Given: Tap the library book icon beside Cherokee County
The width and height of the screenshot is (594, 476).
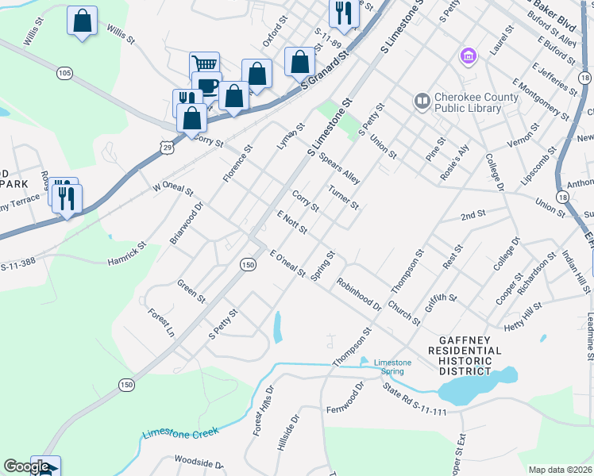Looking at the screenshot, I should (421, 102).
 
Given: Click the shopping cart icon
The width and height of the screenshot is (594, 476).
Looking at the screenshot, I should (204, 65).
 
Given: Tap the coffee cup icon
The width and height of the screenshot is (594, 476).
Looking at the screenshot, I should (206, 85).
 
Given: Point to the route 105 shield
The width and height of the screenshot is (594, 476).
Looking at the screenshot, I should (65, 74).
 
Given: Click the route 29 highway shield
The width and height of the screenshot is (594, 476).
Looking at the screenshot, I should (165, 148).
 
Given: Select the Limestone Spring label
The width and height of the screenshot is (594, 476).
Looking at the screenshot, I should (392, 367).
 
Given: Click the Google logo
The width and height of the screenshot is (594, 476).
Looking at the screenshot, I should (25, 466).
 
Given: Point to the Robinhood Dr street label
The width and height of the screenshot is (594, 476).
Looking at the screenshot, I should (358, 294).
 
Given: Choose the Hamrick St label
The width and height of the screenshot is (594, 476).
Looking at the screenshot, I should (127, 254).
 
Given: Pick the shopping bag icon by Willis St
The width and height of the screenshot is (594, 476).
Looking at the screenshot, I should (82, 21).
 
